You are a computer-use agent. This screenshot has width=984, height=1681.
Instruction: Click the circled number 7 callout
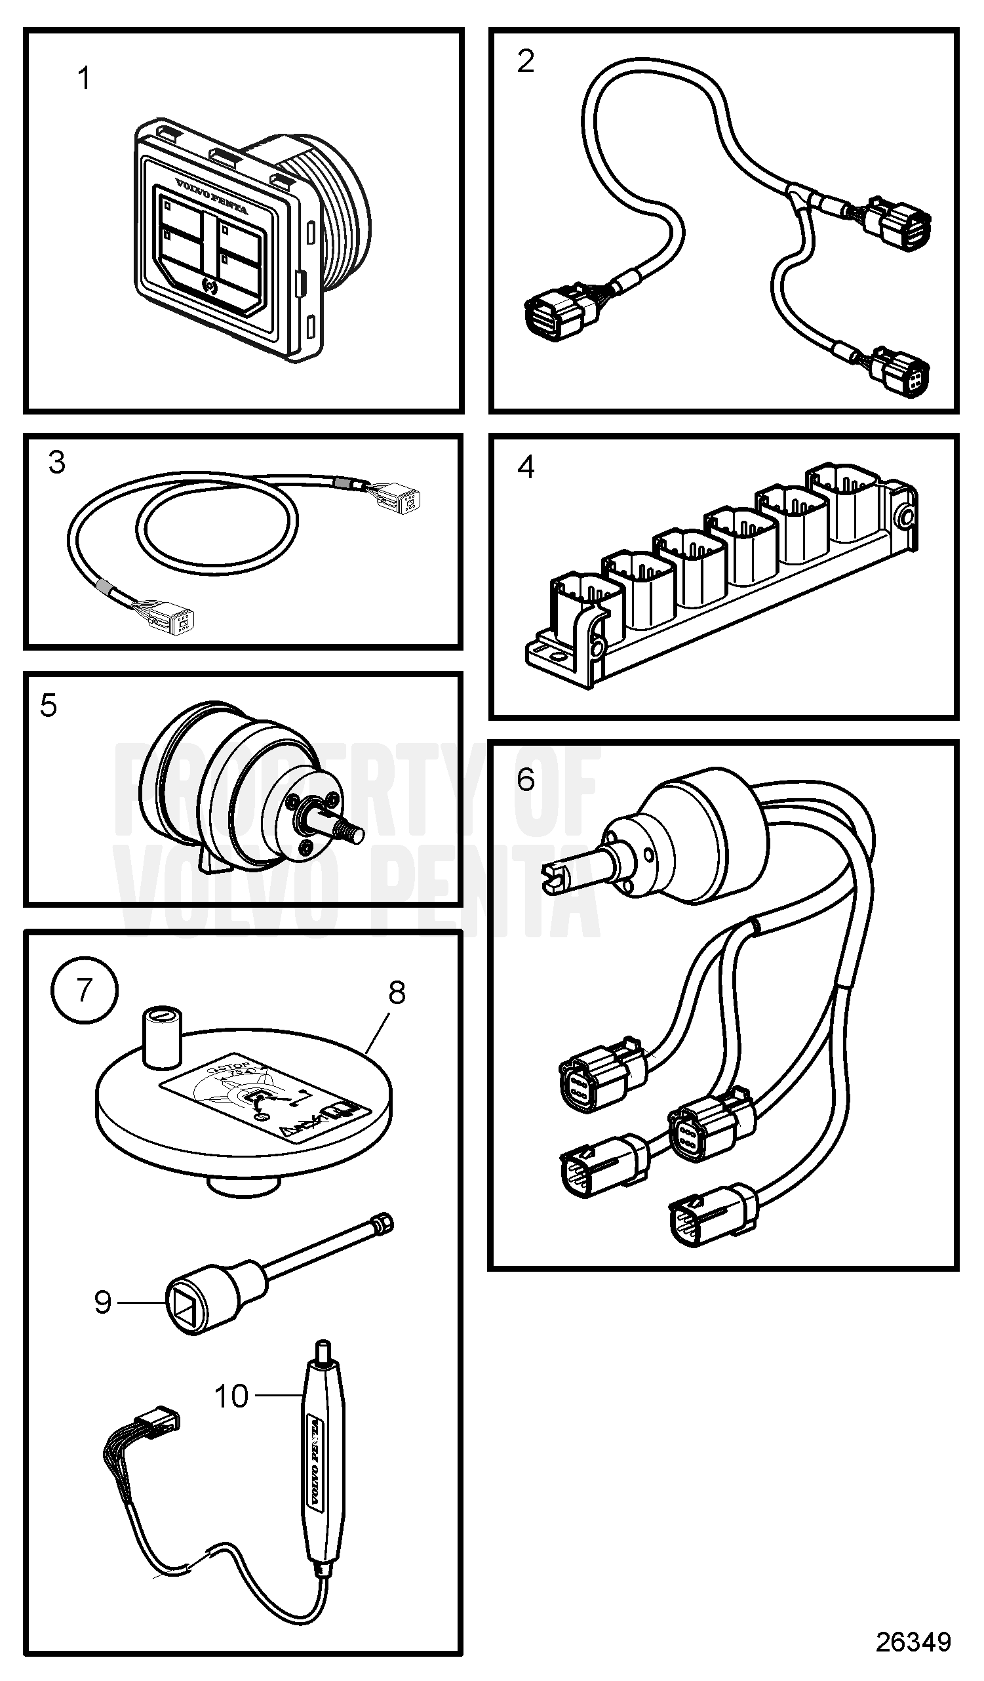[x=84, y=990]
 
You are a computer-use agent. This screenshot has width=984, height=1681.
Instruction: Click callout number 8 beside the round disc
[x=397, y=993]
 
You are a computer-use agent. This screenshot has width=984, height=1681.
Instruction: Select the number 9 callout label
[x=103, y=1302]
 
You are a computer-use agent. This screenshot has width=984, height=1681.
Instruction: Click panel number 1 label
[x=84, y=79]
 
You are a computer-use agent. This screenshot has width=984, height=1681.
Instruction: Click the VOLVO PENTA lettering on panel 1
[x=211, y=196]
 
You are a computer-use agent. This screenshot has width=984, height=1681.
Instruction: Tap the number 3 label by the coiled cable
[x=57, y=463]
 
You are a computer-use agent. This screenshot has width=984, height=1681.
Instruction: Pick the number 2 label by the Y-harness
[x=526, y=62]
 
